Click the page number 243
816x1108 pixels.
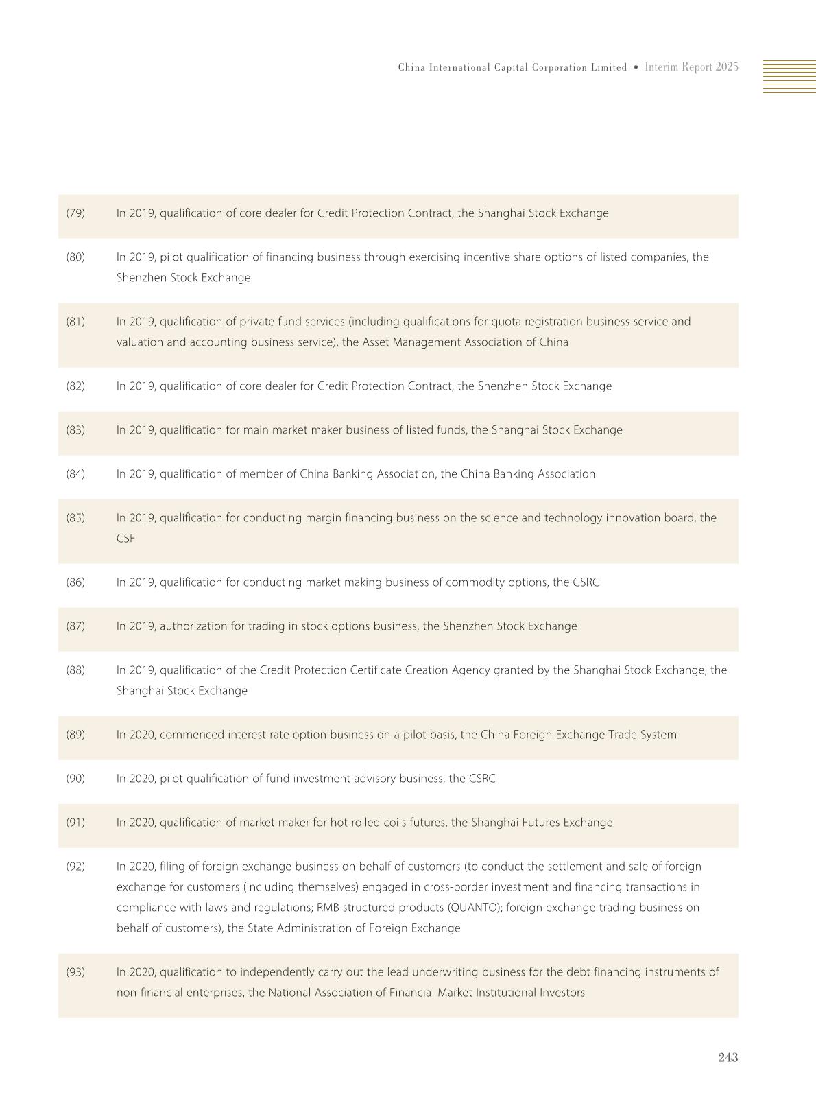(x=728, y=1057)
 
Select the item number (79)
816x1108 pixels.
(x=75, y=213)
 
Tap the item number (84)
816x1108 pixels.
(x=75, y=474)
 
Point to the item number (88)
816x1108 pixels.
(x=75, y=670)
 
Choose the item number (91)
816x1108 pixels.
(x=75, y=823)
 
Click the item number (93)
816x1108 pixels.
(x=75, y=972)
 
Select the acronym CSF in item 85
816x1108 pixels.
(x=125, y=539)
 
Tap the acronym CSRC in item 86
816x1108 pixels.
(x=586, y=582)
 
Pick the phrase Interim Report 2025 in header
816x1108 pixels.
(x=691, y=67)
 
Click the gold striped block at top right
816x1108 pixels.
(x=789, y=76)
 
